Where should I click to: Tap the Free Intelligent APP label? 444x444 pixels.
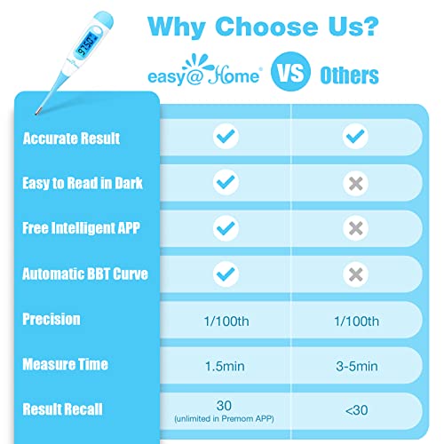coord(81,228)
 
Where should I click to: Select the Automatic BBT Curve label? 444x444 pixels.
coord(85,274)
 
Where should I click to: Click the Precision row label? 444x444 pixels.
coord(52,319)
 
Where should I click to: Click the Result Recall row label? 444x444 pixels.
coord(65,409)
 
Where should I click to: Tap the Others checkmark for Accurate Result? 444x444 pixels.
coord(355,137)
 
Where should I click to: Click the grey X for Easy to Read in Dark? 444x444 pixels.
coord(355,182)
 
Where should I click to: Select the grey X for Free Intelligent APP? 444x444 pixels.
coord(355,228)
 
